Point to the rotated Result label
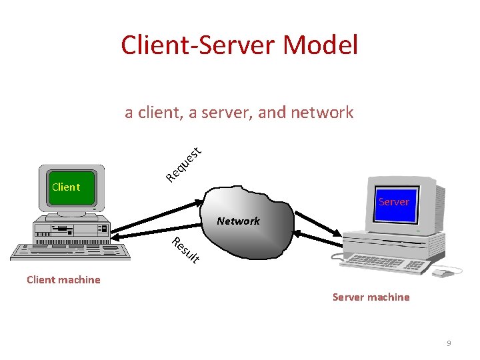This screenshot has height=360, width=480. pos(185,250)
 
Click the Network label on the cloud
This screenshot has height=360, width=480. pos(238,221)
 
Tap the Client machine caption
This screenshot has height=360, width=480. pos(63,280)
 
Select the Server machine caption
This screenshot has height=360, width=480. pos(371,297)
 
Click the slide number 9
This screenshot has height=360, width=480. pos(449,343)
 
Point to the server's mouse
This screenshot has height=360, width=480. pos(441,273)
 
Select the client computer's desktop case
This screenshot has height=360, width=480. pos(71,230)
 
